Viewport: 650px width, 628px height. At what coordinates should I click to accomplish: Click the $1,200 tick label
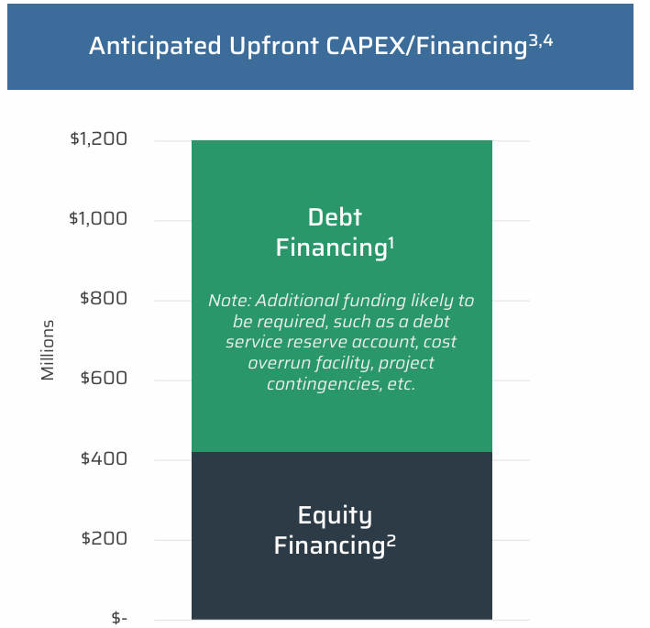(x=97, y=140)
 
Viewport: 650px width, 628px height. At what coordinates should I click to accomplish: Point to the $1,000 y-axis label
(x=97, y=220)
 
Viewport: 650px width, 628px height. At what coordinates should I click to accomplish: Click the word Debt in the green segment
(x=335, y=217)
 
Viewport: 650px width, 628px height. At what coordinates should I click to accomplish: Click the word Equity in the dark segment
(x=335, y=515)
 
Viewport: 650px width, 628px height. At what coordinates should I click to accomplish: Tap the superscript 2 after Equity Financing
(x=391, y=541)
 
